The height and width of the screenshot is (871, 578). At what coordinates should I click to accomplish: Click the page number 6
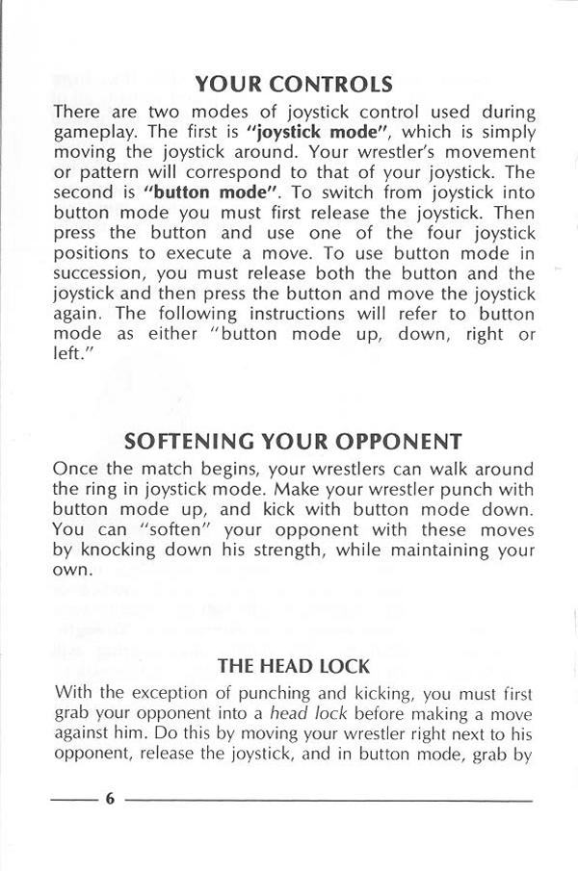[110, 800]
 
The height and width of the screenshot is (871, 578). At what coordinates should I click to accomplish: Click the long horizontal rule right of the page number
[328, 800]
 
